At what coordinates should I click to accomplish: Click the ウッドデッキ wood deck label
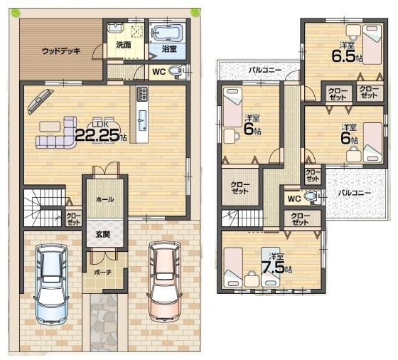60,51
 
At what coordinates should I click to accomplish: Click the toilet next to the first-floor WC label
177,70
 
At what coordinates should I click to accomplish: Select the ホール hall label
104,200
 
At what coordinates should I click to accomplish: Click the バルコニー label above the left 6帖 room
264,70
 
